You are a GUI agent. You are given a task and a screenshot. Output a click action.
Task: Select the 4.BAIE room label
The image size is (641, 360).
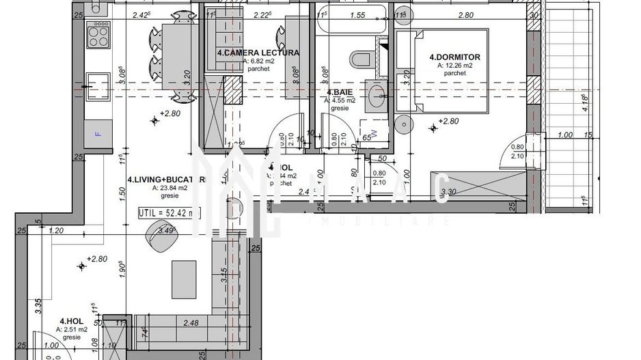[339, 92]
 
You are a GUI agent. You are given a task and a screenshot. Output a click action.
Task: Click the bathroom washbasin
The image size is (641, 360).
[377, 96]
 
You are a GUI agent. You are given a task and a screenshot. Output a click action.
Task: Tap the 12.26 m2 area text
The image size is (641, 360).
[454, 66]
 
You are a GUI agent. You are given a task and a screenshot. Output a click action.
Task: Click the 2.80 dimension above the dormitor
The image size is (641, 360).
[466, 14]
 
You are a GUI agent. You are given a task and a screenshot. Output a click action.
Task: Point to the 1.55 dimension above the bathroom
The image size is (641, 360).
[357, 14]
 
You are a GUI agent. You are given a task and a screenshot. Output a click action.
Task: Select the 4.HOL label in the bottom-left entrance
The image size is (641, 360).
[71, 321]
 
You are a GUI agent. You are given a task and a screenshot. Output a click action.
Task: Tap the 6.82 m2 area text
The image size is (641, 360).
[258, 61]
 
